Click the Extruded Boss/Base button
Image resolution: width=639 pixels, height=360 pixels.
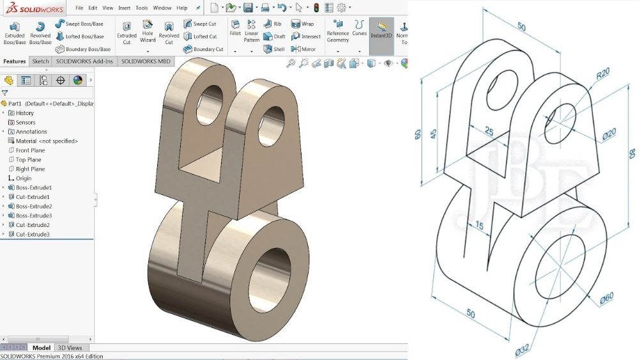(x=15, y=33)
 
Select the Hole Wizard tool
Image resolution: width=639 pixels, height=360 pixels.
(x=148, y=31)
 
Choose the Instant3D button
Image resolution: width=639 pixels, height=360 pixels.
(x=381, y=31)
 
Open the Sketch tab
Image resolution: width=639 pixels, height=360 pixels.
(x=40, y=61)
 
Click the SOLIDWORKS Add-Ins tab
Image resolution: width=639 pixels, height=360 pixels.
(x=84, y=61)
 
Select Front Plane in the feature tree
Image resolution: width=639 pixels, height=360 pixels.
(x=30, y=150)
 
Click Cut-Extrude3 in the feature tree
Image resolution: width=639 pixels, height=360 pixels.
(x=33, y=235)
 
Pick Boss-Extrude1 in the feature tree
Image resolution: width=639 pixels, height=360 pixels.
(x=33, y=187)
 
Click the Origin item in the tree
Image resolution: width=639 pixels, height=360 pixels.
(x=24, y=178)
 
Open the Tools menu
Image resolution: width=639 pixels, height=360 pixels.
(x=142, y=8)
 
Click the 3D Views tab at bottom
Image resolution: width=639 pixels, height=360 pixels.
(x=70, y=348)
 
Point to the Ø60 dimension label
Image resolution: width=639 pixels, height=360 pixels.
(x=606, y=297)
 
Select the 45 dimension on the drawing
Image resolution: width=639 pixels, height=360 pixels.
(x=433, y=135)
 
